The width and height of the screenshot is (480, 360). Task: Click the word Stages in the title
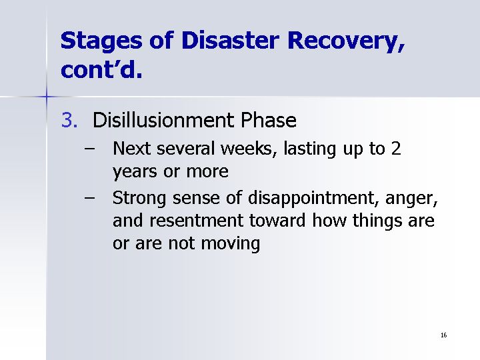(101, 41)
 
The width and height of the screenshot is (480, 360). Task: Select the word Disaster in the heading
(230, 40)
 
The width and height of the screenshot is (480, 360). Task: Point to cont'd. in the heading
(101, 69)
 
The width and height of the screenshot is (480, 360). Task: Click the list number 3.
(69, 120)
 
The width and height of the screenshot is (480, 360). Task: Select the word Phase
(269, 120)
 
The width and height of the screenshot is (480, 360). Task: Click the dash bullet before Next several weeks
(89, 149)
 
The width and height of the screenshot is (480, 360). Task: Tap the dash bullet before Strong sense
(89, 198)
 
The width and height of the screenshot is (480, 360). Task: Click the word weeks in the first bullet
(247, 149)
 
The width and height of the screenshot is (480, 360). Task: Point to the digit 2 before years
(396, 149)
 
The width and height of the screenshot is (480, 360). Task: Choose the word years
(135, 172)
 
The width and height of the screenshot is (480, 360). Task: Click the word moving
(230, 244)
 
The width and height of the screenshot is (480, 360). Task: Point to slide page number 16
(443, 335)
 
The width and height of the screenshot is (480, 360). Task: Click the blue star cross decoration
(47, 97)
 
